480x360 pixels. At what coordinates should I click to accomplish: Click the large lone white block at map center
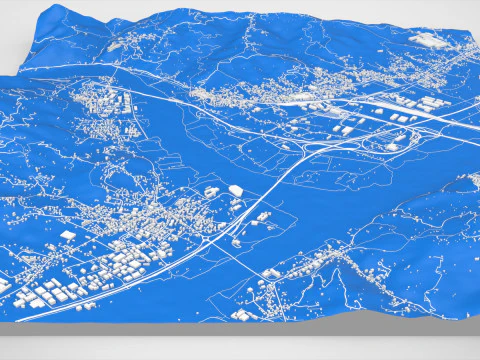236,190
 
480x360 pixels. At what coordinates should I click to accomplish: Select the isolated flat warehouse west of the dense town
67,235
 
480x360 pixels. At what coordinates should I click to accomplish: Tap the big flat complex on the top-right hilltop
427,40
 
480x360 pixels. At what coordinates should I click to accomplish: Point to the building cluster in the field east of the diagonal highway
262,219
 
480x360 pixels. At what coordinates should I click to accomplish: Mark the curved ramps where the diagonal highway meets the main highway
320,145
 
